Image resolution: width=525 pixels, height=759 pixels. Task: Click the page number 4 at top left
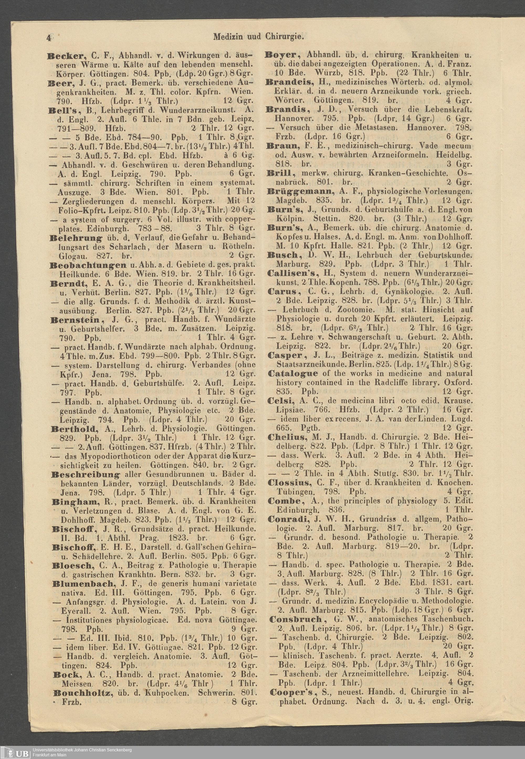[48, 38]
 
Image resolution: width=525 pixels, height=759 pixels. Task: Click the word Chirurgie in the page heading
[285, 37]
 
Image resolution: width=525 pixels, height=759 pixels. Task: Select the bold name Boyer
[283, 55]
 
